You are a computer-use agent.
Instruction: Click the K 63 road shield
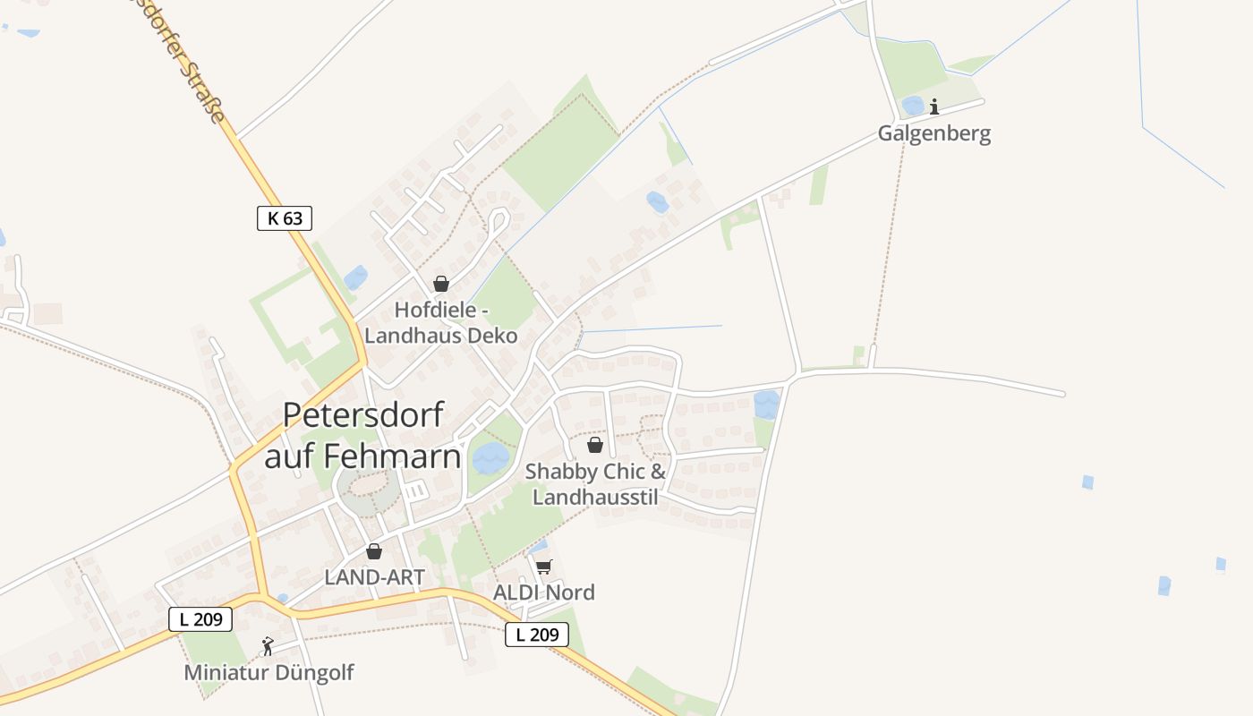point(285,217)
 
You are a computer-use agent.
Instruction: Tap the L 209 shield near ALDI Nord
point(537,635)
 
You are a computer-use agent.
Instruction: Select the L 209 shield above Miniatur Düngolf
point(200,618)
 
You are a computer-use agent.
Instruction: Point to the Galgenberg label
point(933,134)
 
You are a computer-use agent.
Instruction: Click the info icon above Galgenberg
point(934,107)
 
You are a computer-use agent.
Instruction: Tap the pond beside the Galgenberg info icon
point(913,106)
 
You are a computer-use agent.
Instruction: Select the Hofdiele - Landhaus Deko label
point(441,323)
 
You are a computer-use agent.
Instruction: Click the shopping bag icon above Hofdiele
point(441,284)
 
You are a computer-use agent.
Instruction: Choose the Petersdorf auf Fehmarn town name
point(363,436)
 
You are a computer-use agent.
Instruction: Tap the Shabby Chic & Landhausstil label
point(596,483)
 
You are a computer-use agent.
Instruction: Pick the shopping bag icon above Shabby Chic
point(594,445)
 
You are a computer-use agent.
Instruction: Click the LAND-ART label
point(374,577)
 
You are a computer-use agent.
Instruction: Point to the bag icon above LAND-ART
point(374,551)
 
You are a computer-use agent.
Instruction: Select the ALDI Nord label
point(544,592)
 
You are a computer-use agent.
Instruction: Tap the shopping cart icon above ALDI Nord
point(544,567)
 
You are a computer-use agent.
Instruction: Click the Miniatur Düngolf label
point(268,672)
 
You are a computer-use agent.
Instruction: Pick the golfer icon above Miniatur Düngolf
point(267,645)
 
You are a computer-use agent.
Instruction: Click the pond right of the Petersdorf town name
point(490,458)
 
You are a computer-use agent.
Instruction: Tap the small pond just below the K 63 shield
point(355,277)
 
